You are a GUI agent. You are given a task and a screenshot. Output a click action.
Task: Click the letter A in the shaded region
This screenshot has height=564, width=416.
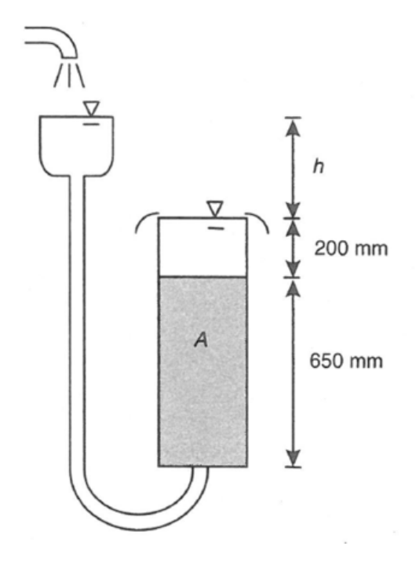coord(201,340)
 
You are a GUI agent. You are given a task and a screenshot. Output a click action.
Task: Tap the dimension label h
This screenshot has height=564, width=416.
coord(319,166)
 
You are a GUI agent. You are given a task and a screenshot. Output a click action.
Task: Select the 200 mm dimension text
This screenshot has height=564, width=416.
coord(351,248)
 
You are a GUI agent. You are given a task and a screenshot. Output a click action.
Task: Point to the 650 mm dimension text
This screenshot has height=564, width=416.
coord(346,360)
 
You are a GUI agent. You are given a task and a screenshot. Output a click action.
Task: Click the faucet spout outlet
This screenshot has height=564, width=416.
coord(69,55)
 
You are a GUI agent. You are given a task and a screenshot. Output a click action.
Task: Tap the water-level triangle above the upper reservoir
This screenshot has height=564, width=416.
coord(91,108)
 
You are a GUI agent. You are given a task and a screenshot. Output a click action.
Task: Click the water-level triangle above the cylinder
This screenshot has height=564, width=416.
coord(215,209)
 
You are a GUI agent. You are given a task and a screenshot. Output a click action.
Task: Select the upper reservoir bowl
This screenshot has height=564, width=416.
coord(77,146)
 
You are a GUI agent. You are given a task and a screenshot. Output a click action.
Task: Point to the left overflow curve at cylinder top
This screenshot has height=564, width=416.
coord(143,220)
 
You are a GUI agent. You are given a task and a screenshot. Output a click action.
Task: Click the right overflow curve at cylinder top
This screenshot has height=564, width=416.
coord(261,220)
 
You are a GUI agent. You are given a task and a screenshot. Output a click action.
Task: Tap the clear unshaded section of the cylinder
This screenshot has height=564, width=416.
coord(203,247)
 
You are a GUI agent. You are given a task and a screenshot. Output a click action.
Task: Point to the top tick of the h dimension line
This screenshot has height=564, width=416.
coord(294,118)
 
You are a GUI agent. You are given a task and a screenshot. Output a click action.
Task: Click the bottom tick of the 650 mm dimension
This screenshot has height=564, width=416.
coord(294,468)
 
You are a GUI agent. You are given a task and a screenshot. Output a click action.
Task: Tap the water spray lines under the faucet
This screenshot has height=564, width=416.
coord(69,75)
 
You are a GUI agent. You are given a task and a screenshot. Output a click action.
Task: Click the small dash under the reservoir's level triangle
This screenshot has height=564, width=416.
coord(91,124)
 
